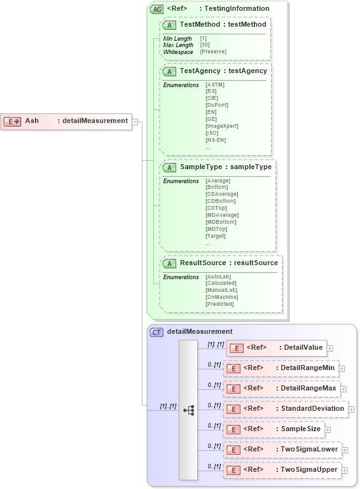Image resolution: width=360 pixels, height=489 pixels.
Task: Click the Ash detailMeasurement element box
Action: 66,121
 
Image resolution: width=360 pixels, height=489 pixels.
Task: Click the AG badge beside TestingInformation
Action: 156,9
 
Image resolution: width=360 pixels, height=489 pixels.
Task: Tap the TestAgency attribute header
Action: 216,71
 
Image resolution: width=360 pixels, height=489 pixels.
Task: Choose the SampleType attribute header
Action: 218,167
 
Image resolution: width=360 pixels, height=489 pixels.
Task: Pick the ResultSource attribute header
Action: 220,263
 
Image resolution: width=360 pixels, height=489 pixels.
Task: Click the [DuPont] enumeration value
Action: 217,105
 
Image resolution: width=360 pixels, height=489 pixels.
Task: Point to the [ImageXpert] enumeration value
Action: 221,126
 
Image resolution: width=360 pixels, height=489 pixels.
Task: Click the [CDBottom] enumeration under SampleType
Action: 220,201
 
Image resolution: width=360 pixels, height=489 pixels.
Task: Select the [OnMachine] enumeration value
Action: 221,297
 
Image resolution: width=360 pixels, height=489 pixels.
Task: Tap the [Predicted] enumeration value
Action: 219,304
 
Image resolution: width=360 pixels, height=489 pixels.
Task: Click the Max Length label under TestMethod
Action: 178,45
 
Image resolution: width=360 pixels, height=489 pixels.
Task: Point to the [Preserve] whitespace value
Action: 213,52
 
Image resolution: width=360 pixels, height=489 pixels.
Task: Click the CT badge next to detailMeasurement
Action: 156,332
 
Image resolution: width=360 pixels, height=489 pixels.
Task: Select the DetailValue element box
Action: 277,348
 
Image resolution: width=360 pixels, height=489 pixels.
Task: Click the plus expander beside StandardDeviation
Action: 351,410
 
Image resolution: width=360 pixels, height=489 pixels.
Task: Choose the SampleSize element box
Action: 273,429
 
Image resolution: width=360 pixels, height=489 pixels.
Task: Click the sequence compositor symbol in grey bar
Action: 188,410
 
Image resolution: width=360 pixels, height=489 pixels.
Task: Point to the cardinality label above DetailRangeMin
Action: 214,364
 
